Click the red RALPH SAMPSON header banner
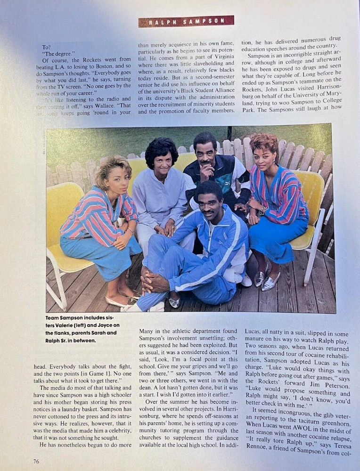click(186, 21)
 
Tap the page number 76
click(36, 461)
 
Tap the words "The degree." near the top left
click(56, 53)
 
